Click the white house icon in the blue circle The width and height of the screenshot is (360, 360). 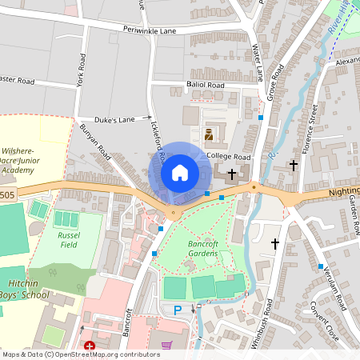point(180,173)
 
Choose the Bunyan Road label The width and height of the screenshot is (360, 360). point(94,138)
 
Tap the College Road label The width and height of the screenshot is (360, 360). point(229,156)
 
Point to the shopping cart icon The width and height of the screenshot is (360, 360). point(166,346)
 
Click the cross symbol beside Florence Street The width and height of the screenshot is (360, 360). point(293,166)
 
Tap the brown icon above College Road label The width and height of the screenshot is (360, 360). point(208,134)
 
